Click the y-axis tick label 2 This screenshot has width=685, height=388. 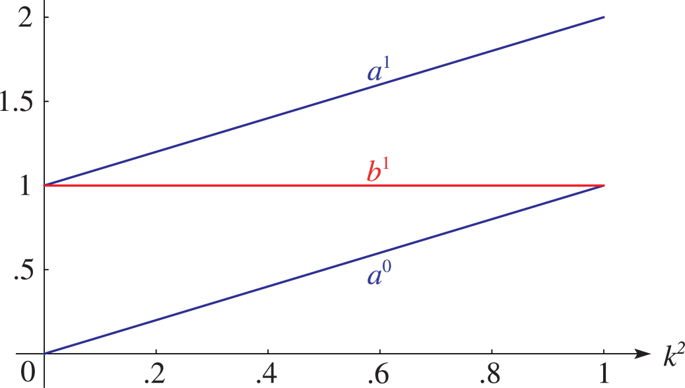25,17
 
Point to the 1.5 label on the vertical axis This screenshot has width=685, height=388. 16,102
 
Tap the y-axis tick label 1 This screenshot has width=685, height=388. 26,185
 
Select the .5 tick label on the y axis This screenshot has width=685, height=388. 24,270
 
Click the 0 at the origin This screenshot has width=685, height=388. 27,372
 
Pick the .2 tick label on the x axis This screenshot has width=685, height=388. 155,373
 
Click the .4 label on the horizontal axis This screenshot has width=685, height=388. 267,373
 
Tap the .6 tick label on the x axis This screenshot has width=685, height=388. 379,373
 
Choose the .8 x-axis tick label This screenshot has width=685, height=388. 490,373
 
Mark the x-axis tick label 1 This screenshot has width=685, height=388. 604,373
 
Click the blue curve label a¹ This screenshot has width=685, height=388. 378,71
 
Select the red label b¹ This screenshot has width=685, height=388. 377,171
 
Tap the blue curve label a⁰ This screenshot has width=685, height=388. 378,274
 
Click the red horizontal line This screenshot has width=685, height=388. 324,185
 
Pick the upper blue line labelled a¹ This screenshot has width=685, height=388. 324,102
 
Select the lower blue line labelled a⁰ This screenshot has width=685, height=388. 324,270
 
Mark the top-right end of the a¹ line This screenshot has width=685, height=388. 604,17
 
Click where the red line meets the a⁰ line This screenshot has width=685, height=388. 604,185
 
